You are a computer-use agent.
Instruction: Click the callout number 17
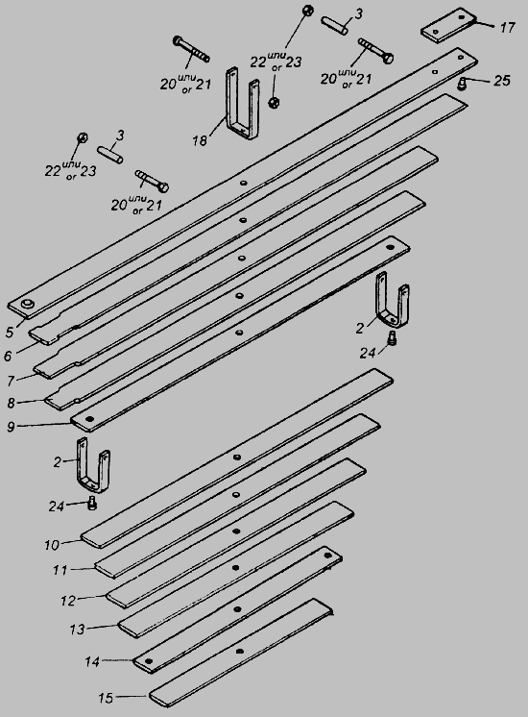coord(507,28)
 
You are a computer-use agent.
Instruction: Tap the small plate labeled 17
coord(448,25)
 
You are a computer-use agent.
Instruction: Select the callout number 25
coord(501,81)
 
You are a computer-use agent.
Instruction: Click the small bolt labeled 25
coord(462,84)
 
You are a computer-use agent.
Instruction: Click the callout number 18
coord(200,140)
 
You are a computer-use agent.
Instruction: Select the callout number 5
coord(10,332)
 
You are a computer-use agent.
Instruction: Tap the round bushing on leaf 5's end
coord(29,304)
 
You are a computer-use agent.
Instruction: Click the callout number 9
coord(11,427)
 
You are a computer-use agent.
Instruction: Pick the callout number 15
coord(106,698)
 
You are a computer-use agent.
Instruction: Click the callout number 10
coord(52,545)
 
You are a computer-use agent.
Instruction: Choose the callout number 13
coord(77,630)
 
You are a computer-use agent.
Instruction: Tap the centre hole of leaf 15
coord(239,651)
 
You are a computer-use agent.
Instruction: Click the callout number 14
coord(92,661)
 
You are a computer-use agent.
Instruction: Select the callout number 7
coord(11,380)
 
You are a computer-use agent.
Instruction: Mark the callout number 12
coord(68,600)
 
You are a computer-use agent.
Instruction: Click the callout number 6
coord(8,356)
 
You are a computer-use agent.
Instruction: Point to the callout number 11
coord(60,570)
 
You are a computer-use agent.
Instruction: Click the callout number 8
coord(11,404)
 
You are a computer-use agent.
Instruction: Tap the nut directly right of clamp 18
coord(274,102)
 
